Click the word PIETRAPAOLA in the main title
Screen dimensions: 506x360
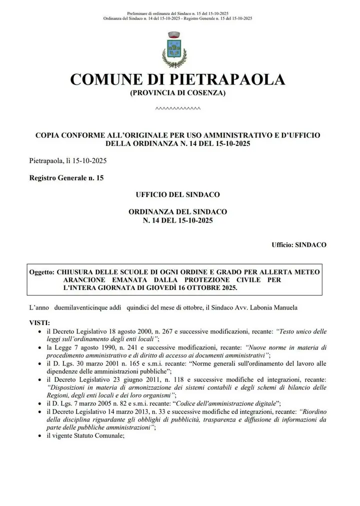(228, 79)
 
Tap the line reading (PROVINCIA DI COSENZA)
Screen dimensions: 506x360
(178, 93)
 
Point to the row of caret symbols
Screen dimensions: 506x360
(178, 108)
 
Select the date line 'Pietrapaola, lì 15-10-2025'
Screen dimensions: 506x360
(67, 160)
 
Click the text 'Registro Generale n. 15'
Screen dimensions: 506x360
(66, 177)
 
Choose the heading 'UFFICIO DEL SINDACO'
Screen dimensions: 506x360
(178, 194)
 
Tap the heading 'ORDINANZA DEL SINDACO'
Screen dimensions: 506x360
(178, 211)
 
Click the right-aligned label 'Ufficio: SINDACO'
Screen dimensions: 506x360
(299, 245)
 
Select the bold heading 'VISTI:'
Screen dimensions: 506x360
(39, 323)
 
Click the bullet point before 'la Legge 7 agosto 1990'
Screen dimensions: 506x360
(40, 347)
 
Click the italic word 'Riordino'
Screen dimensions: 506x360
(313, 411)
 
